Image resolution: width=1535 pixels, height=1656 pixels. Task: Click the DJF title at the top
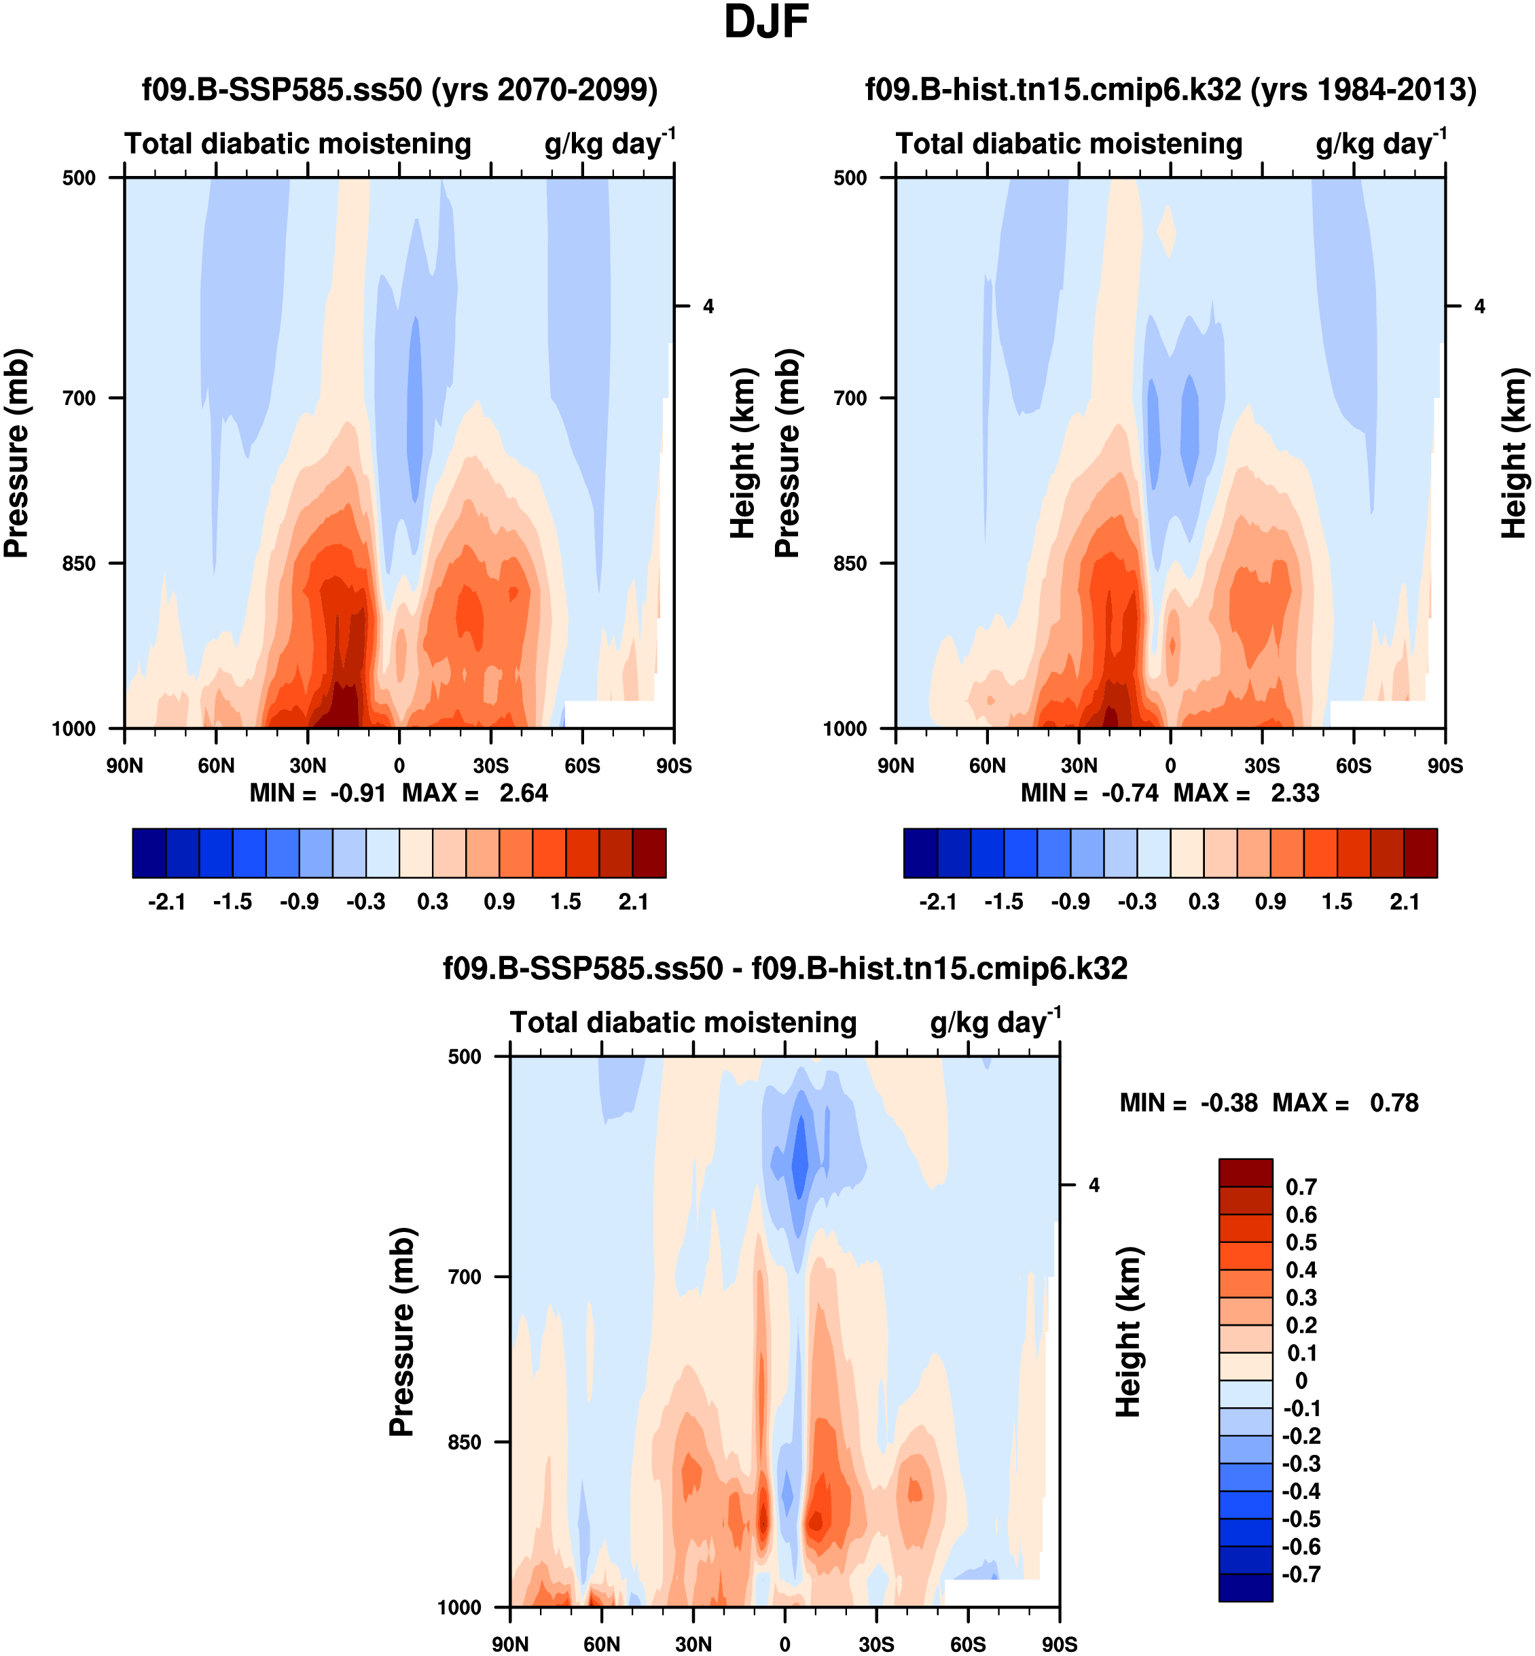coord(766,22)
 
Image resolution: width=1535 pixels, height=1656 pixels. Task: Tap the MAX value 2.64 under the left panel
coord(523,794)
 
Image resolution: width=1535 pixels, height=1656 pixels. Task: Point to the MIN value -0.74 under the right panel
coord(1130,794)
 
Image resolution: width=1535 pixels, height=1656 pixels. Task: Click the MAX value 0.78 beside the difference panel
coord(1394,1104)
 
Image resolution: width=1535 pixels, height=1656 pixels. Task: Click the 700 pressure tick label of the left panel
coord(79,398)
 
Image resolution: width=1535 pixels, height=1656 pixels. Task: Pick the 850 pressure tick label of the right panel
coord(850,563)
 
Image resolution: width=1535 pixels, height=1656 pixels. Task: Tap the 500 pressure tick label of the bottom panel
coord(465,1057)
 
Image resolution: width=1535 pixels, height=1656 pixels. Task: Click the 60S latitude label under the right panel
coord(1353,766)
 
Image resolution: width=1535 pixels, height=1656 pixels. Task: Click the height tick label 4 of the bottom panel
coord(1094,1186)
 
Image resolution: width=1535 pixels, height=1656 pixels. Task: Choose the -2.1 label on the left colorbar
coord(166,902)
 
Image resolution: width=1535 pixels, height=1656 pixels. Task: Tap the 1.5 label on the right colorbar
coord(1337,902)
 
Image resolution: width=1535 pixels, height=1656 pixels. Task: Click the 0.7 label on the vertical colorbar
coord(1301,1187)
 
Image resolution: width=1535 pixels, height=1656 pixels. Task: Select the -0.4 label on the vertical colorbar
coord(1301,1492)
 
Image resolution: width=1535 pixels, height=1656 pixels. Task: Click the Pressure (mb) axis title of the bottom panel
coord(401,1331)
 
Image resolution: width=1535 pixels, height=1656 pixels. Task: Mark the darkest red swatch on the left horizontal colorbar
coord(649,853)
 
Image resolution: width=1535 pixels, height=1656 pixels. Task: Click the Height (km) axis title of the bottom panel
coord(1129,1331)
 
